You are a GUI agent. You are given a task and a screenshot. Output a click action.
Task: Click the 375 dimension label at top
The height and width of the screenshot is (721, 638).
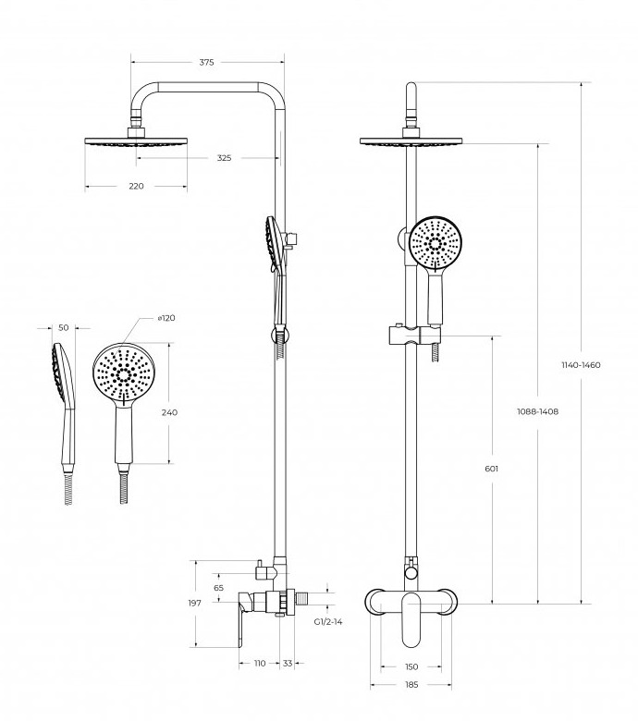click(206, 63)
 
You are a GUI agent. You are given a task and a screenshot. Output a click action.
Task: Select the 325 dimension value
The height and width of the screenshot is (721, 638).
click(224, 158)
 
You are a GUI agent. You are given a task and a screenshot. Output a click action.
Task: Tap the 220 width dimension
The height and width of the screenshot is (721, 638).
click(136, 187)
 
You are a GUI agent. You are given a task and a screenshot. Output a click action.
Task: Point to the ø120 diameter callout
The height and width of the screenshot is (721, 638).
click(166, 318)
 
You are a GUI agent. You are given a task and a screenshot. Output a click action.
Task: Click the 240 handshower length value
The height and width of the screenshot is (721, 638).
click(169, 413)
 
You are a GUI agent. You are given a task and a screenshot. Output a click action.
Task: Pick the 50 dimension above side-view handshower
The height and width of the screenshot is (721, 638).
click(63, 327)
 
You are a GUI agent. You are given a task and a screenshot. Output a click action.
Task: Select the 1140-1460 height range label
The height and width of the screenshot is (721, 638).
click(581, 365)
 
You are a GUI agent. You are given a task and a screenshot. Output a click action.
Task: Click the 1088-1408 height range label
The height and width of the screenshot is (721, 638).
click(537, 411)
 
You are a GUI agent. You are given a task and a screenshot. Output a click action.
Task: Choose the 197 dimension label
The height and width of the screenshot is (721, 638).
click(194, 603)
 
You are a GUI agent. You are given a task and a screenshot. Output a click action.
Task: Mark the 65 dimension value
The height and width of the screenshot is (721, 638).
click(218, 587)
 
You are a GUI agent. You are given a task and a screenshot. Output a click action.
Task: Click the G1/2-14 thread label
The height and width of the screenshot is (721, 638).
click(328, 621)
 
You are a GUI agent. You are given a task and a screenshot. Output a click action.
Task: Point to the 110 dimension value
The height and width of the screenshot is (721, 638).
click(260, 664)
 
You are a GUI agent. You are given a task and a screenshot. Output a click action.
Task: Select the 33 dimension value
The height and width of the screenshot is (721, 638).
click(288, 664)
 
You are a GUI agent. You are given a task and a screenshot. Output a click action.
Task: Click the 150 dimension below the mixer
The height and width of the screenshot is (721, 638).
click(411, 666)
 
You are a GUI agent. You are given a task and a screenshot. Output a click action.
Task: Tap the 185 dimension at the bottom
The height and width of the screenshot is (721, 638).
click(411, 685)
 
